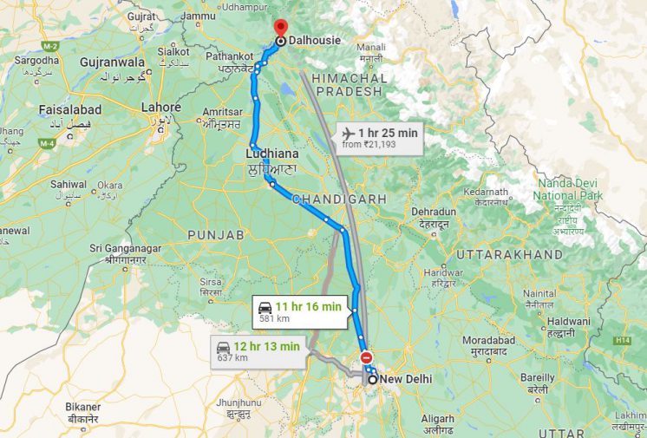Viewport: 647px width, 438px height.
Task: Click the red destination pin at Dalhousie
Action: (x=280, y=27)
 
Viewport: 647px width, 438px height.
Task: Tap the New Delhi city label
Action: (x=406, y=379)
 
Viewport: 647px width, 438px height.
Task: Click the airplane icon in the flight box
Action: (x=349, y=133)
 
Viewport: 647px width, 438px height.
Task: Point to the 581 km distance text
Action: (x=274, y=319)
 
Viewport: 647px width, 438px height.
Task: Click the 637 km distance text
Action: (x=232, y=358)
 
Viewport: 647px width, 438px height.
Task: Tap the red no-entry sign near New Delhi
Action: (x=366, y=357)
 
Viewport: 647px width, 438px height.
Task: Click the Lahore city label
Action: (x=160, y=108)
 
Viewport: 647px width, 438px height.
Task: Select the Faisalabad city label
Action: (x=70, y=110)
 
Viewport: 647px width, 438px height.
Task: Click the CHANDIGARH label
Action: (x=340, y=199)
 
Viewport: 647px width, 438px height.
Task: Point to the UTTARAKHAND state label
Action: (x=509, y=255)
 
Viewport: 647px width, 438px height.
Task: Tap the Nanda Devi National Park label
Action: (x=569, y=189)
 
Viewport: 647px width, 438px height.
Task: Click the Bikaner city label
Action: (x=83, y=406)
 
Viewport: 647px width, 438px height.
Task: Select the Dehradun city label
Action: (x=434, y=212)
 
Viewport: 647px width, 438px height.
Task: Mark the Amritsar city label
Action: (x=222, y=112)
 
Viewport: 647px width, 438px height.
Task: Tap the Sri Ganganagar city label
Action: (x=127, y=249)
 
